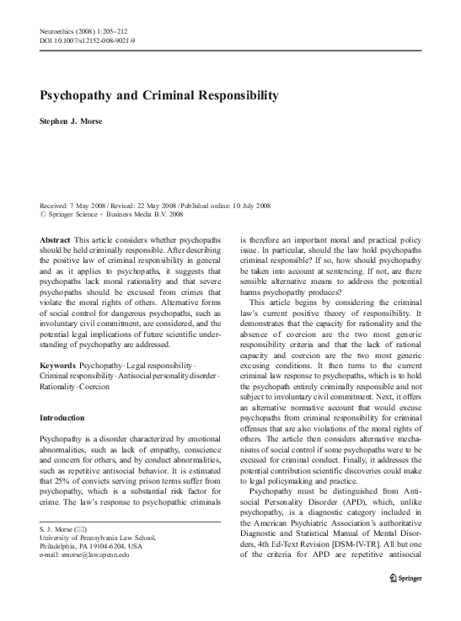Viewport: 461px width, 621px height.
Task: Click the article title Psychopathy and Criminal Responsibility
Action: [159, 97]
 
